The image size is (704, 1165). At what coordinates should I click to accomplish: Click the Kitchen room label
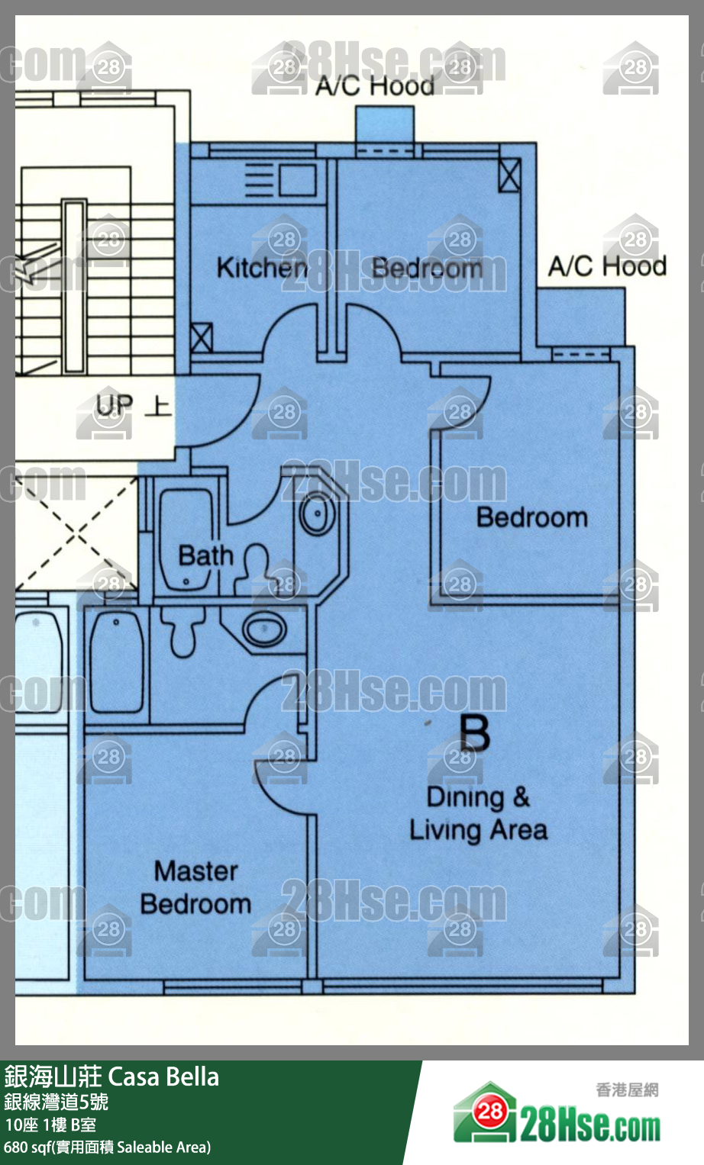(x=262, y=268)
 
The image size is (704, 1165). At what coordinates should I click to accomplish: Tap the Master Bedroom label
(x=195, y=888)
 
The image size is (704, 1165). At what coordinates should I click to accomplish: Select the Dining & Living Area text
(x=478, y=815)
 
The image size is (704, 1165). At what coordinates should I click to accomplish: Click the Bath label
(x=205, y=555)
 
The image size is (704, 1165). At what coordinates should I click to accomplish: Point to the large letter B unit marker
(x=474, y=732)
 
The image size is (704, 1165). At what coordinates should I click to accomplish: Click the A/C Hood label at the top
(x=375, y=85)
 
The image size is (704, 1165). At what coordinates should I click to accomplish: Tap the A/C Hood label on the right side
(x=607, y=266)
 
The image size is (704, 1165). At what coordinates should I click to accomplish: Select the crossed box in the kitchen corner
(x=202, y=338)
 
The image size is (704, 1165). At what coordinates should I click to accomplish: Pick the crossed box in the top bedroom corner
(x=509, y=175)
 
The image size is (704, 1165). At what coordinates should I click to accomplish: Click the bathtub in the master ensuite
(x=117, y=661)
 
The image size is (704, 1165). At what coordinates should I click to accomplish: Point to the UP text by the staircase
(x=115, y=405)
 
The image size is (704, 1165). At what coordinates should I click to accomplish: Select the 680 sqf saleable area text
(x=107, y=1147)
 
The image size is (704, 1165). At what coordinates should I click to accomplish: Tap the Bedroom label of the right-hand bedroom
(x=532, y=517)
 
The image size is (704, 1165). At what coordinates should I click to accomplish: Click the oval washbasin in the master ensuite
(x=264, y=629)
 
